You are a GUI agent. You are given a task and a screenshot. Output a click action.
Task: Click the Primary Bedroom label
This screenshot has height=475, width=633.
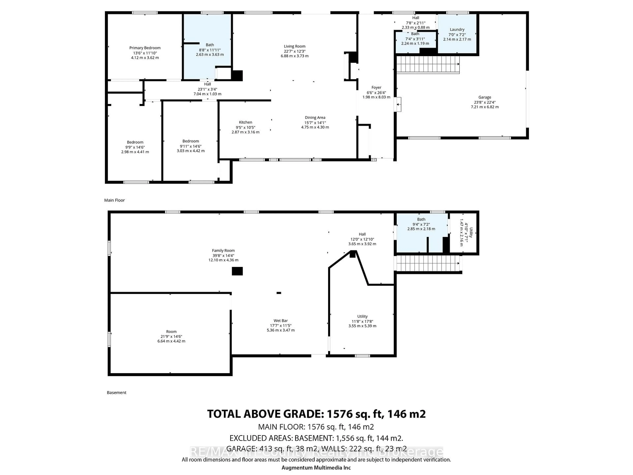[145, 48]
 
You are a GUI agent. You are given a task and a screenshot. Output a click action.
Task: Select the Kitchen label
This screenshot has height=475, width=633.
[245, 122]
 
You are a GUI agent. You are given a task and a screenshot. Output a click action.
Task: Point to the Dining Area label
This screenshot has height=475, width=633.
[315, 117]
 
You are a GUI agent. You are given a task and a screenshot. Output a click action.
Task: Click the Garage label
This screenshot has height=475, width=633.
[484, 97]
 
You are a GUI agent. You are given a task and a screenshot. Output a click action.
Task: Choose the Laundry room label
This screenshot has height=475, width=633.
[457, 30]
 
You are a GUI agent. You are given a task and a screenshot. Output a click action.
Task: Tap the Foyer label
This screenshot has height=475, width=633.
[376, 88]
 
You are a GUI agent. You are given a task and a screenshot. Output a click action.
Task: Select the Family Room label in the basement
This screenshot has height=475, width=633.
[223, 251]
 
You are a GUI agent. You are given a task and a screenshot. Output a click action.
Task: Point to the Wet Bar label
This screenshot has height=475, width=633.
[280, 321]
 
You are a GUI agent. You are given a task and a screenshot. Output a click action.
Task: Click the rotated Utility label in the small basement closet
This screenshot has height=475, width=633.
[471, 233]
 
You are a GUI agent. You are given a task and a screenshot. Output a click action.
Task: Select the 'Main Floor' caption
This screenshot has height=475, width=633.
[114, 200]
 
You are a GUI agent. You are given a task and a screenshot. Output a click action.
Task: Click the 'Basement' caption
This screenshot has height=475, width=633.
[117, 393]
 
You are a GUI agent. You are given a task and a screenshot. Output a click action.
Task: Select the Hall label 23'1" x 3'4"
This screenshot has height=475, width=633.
[208, 84]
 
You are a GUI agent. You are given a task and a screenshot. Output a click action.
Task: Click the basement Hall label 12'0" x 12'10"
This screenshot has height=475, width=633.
[362, 234]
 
